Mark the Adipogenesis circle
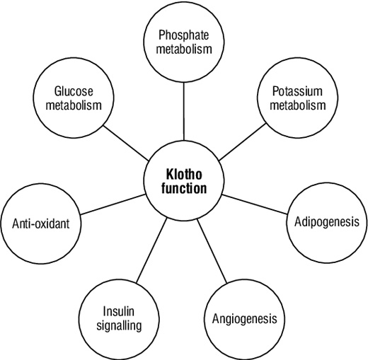click(326, 221)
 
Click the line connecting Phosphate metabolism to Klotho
click(183, 110)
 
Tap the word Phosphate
click(183, 35)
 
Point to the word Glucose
click(73, 92)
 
